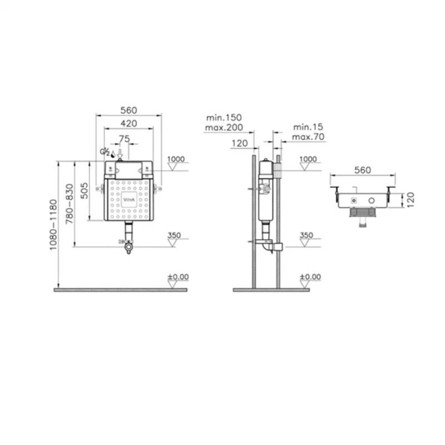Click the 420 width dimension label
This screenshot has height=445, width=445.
129,123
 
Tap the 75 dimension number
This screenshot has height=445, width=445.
124,139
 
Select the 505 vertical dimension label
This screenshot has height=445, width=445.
85,190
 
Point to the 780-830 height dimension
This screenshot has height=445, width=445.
70,204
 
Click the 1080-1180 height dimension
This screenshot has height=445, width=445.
53,225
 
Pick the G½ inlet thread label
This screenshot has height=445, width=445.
105,152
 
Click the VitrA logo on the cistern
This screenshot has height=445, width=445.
129,200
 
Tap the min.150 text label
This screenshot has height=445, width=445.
224,117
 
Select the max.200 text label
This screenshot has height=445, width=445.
224,127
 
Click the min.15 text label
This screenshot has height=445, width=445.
308,127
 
